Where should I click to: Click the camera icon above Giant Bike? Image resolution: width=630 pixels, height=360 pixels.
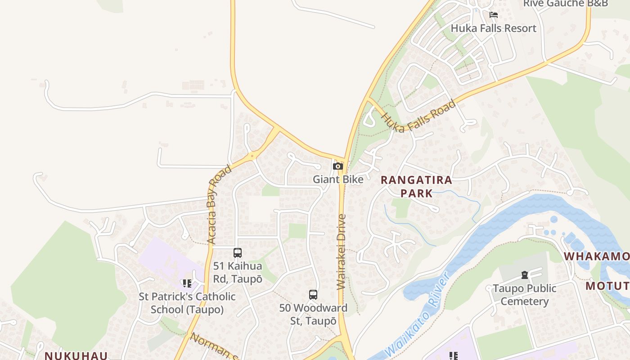337,166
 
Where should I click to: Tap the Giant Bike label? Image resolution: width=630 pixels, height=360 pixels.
338,180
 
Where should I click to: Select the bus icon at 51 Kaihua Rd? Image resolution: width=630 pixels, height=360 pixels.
238,253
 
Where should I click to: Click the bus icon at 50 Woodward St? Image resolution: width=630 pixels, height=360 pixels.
313,295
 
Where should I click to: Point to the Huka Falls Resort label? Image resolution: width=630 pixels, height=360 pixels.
493,28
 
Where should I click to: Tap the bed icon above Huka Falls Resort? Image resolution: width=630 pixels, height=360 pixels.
493,15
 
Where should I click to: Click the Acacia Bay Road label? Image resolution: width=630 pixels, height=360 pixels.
219,205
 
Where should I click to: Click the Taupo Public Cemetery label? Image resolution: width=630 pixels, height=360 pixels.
524,295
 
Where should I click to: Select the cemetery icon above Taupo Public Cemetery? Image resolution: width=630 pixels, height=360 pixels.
524,274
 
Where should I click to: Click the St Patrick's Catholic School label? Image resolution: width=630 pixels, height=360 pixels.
187,303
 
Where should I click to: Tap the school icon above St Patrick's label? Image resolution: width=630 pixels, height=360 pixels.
187,283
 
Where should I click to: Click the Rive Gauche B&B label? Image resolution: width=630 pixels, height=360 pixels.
565,4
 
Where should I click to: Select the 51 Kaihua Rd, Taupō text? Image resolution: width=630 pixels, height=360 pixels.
238,272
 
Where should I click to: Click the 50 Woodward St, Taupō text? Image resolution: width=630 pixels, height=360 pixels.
313,315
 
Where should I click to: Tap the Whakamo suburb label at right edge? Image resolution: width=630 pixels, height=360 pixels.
596,256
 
